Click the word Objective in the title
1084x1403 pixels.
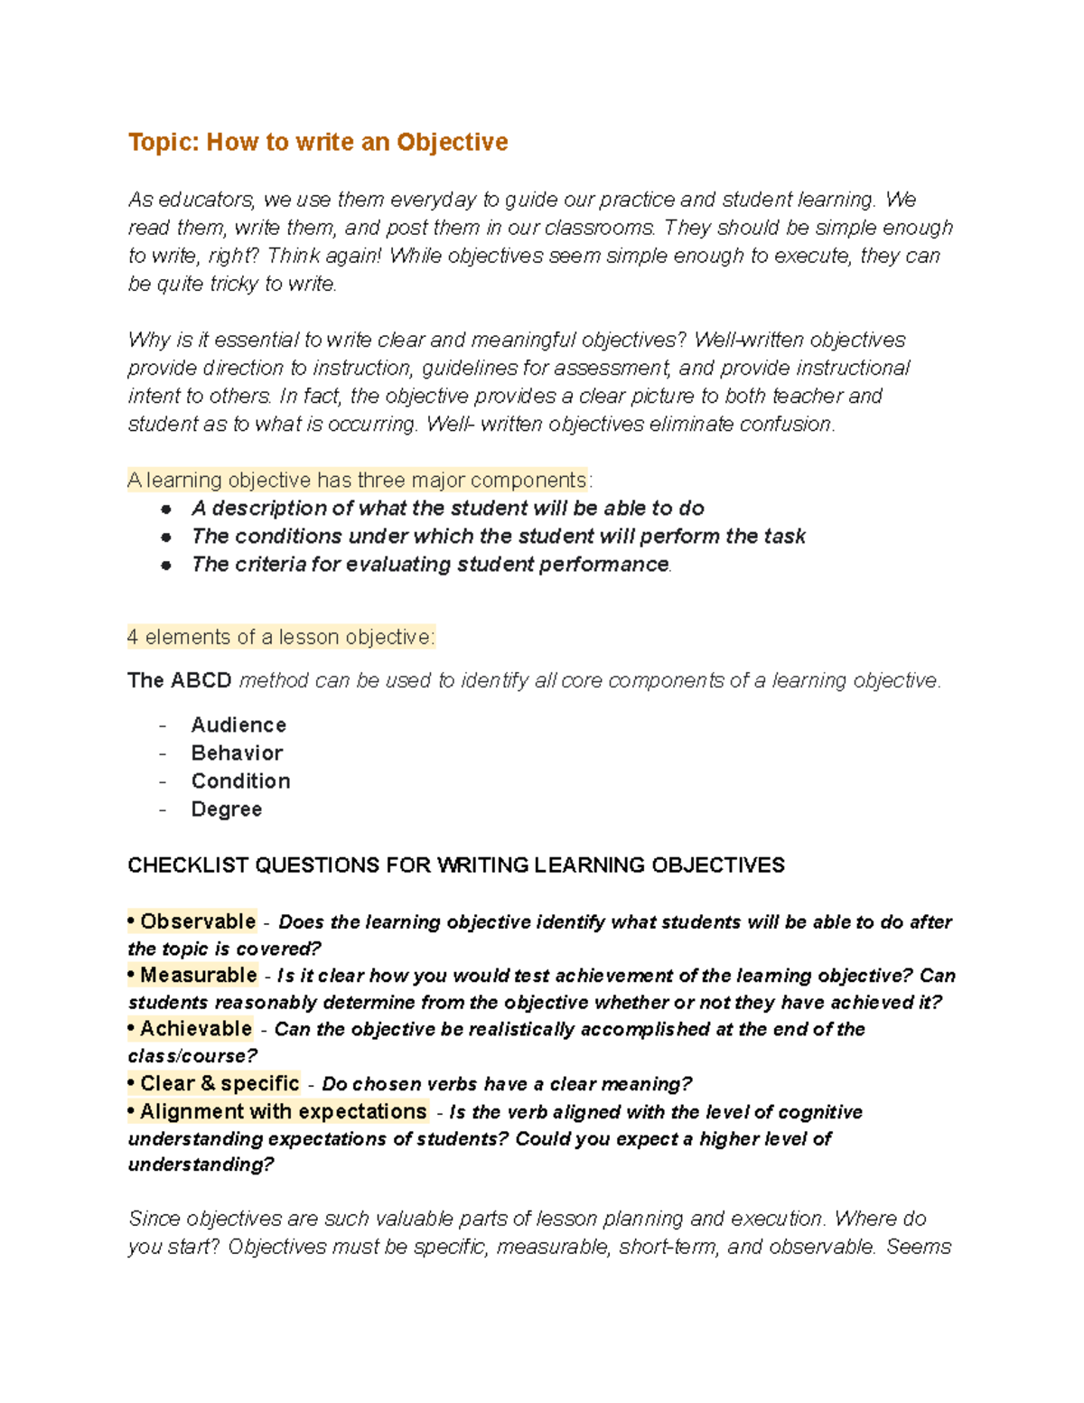452,143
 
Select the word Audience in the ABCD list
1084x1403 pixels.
238,725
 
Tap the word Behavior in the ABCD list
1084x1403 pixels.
237,753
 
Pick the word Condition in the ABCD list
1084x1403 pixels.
240,781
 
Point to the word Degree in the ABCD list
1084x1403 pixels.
226,809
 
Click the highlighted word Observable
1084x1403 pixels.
198,921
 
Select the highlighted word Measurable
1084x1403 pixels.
198,976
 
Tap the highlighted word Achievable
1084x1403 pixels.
195,1029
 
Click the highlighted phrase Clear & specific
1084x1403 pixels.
220,1083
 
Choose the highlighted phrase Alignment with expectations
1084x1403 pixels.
283,1111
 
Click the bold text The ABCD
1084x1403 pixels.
179,680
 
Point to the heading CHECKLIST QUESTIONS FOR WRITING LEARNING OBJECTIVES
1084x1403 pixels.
455,865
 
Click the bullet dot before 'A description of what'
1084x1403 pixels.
166,510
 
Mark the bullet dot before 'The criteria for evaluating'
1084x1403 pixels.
166,566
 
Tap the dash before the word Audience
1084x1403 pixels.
163,726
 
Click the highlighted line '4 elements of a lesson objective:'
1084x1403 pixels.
281,638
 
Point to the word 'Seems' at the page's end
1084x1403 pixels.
918,1248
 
